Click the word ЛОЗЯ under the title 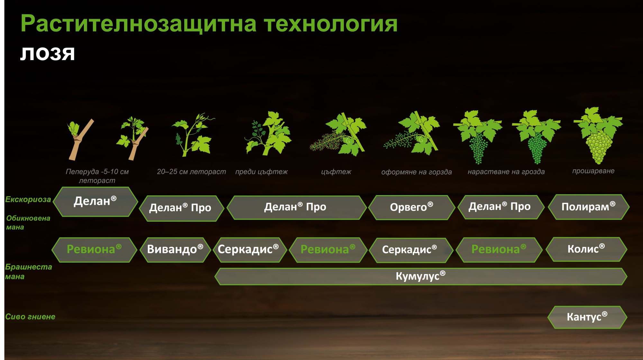coord(48,54)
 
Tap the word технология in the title coord(331,24)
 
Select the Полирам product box coord(588,207)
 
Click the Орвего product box coord(412,207)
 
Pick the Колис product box coord(586,249)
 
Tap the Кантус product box coord(587,317)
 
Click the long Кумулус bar coord(421,276)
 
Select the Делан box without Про coord(95,202)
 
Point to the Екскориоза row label coord(28,200)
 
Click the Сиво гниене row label coord(30,317)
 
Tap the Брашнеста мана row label coord(28,272)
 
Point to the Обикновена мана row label coord(28,222)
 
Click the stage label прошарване coord(593,171)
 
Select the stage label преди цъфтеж coord(261,172)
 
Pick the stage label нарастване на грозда coord(506,172)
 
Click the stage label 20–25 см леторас coord(191,172)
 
